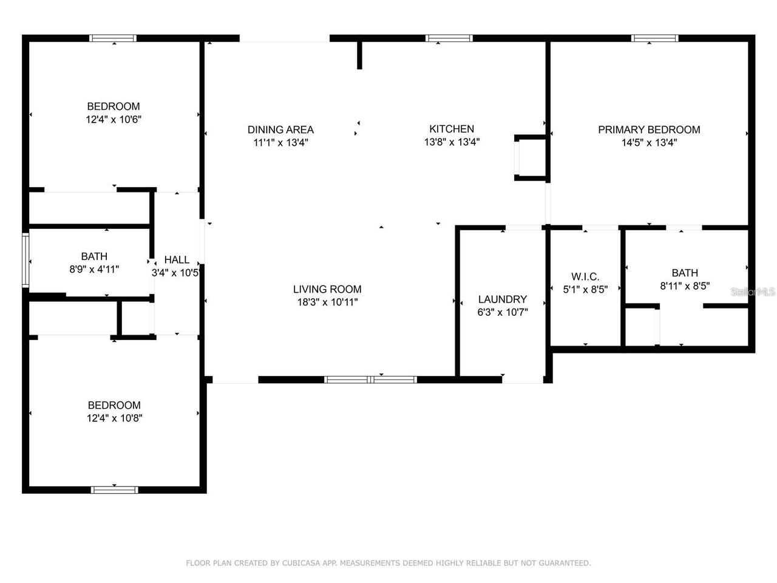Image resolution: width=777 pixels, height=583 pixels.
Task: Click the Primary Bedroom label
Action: tap(649, 129)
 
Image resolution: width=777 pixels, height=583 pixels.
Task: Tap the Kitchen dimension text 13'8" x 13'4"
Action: tap(452, 143)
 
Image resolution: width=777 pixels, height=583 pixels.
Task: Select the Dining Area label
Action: tap(280, 129)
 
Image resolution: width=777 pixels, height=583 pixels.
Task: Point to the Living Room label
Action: tap(327, 289)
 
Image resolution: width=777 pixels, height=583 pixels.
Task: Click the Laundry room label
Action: tap(502, 299)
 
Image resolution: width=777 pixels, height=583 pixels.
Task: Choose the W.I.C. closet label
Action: tap(585, 276)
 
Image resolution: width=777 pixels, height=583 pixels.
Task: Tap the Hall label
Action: tap(176, 259)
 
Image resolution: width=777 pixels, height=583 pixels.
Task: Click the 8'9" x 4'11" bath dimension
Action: tap(94, 269)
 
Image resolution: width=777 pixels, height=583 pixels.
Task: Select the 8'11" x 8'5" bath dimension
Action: tap(685, 285)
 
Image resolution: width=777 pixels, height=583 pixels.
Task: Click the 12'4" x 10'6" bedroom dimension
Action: tap(114, 120)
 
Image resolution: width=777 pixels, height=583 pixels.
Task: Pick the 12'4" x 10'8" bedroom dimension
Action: tap(114, 418)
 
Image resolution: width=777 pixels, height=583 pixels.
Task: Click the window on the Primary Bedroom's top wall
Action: tap(654, 38)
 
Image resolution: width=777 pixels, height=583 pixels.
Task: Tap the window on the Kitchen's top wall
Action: tap(449, 38)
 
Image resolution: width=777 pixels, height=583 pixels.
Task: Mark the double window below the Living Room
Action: tap(370, 380)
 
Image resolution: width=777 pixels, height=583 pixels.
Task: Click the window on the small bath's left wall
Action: tap(25, 259)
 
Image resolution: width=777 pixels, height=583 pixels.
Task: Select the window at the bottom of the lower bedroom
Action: tap(114, 489)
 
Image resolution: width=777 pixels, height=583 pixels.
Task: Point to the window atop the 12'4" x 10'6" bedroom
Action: tap(113, 38)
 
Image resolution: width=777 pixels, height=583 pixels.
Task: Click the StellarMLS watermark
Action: tap(753, 292)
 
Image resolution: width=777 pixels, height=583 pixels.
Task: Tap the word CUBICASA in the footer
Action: tap(302, 563)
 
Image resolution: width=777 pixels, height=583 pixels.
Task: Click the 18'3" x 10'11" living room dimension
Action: tap(327, 302)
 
